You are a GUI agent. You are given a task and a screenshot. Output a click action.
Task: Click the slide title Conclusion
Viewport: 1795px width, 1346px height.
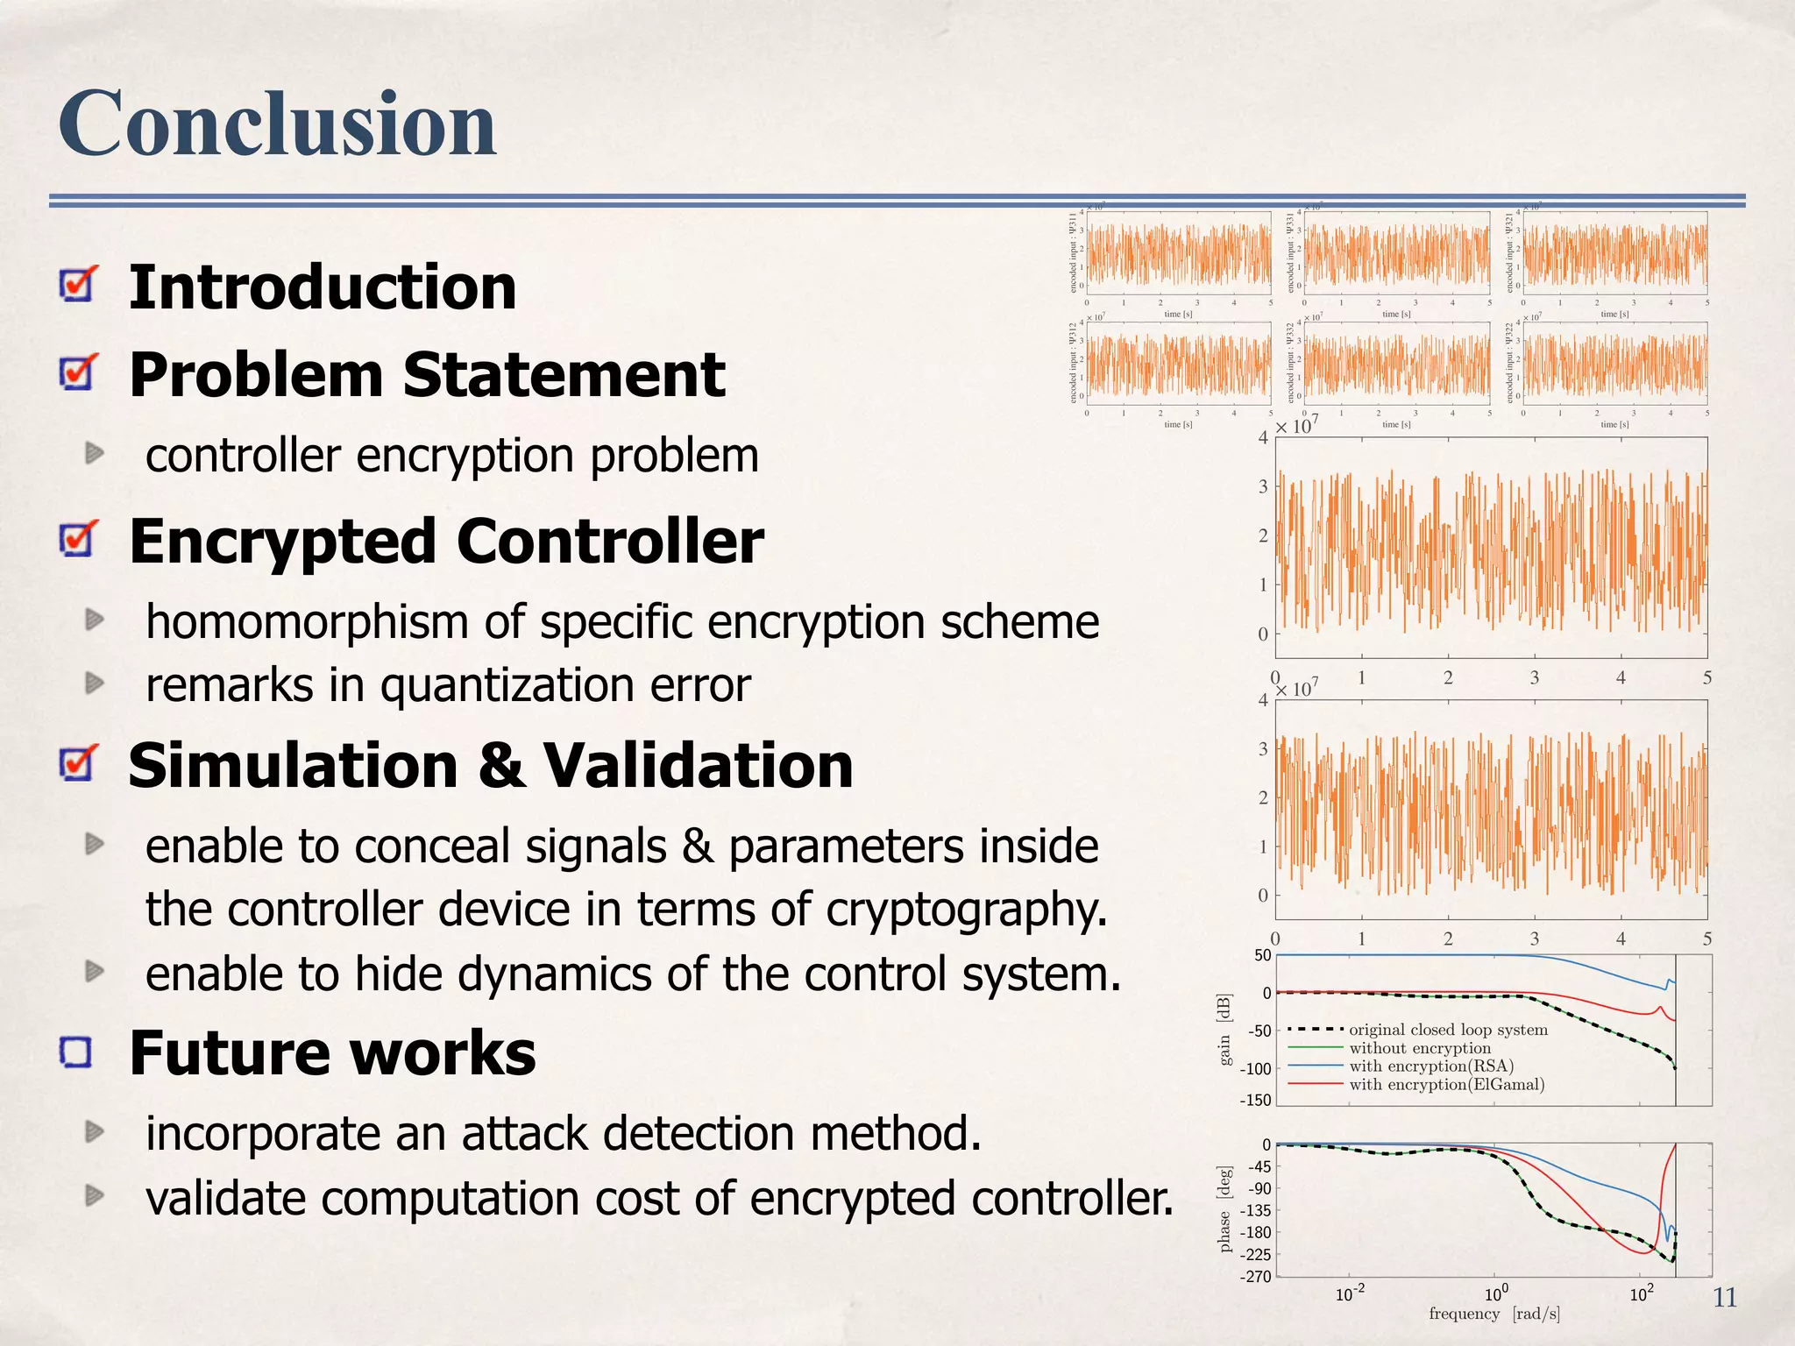(x=277, y=124)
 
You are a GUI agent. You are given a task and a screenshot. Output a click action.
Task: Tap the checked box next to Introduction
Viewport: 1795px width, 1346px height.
(x=78, y=285)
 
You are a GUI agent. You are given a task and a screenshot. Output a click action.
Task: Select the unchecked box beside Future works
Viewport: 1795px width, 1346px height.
(x=77, y=1052)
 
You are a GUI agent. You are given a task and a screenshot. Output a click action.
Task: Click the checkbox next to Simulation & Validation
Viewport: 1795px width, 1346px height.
(x=78, y=763)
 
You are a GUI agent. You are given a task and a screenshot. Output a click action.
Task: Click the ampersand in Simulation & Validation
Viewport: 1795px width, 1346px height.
(x=501, y=765)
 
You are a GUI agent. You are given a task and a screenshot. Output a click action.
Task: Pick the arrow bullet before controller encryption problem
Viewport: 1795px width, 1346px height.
(x=95, y=454)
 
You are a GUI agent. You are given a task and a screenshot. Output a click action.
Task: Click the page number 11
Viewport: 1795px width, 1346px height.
(x=1724, y=1298)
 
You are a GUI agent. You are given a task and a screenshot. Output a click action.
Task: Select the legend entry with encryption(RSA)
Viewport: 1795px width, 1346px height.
(x=1430, y=1066)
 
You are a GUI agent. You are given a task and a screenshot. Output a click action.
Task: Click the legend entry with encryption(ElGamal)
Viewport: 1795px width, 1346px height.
(x=1446, y=1085)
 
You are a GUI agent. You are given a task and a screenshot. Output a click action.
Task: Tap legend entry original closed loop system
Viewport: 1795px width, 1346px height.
(x=1448, y=1030)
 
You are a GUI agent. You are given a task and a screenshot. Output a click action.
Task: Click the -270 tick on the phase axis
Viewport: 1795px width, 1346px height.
(x=1254, y=1277)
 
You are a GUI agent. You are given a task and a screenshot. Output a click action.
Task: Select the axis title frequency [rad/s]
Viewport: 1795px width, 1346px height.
(x=1493, y=1314)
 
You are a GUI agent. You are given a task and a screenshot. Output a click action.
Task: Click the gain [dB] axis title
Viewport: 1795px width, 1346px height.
(x=1224, y=1030)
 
